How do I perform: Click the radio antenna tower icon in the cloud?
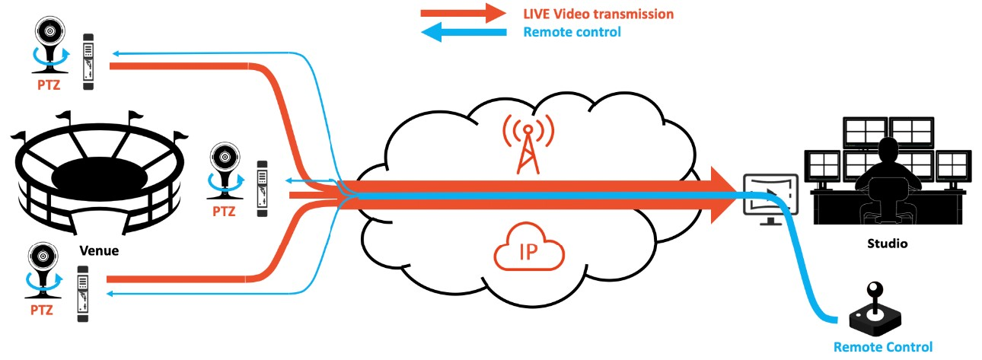point(526,144)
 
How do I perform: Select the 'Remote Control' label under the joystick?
point(882,347)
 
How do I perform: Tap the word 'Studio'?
point(888,245)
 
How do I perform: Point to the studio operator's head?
point(886,150)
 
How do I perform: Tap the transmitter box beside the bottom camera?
point(83,293)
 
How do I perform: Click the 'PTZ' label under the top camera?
point(49,86)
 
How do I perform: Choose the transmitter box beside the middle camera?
point(263,187)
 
